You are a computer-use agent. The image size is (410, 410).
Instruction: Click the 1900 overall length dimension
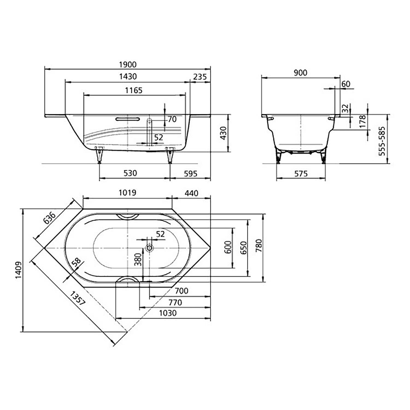pyautogui.click(x=128, y=65)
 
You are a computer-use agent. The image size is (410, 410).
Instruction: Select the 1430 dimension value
pyautogui.click(x=128, y=77)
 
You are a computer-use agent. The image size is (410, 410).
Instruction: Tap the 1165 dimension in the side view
pyautogui.click(x=134, y=90)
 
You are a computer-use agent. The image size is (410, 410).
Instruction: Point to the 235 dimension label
pyautogui.click(x=200, y=77)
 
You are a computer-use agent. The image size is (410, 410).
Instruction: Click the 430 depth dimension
pyautogui.click(x=224, y=133)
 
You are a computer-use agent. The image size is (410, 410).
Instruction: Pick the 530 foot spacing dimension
pyautogui.click(x=130, y=173)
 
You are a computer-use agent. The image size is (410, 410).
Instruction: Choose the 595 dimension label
pyautogui.click(x=191, y=174)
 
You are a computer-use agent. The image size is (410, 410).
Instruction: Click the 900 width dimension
pyautogui.click(x=300, y=73)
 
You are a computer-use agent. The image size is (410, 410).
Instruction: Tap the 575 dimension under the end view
pyautogui.click(x=301, y=174)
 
